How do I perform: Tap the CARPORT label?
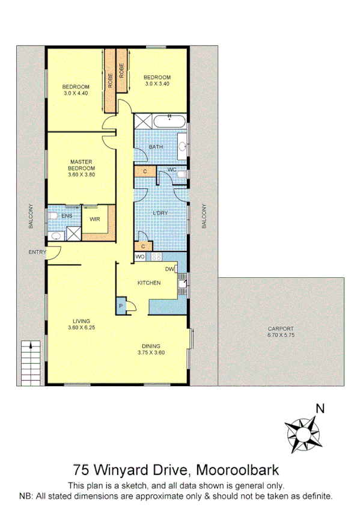pyautogui.click(x=281, y=328)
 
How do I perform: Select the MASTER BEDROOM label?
pyautogui.click(x=81, y=165)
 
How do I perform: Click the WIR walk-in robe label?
pyautogui.click(x=94, y=220)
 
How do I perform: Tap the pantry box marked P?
pyautogui.click(x=121, y=306)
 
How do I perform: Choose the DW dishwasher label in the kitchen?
pyautogui.click(x=170, y=269)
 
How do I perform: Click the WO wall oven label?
pyautogui.click(x=140, y=257)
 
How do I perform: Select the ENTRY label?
pyautogui.click(x=37, y=252)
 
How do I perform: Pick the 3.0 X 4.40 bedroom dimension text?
pyautogui.click(x=76, y=93)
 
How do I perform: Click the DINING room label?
pyautogui.click(x=151, y=345)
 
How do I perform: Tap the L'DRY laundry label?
pyautogui.click(x=160, y=212)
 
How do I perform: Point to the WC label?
pyautogui.click(x=171, y=170)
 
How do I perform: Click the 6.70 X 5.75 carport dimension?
pyautogui.click(x=281, y=335)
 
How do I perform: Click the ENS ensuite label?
pyautogui.click(x=67, y=215)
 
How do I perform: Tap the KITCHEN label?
pyautogui.click(x=148, y=283)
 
